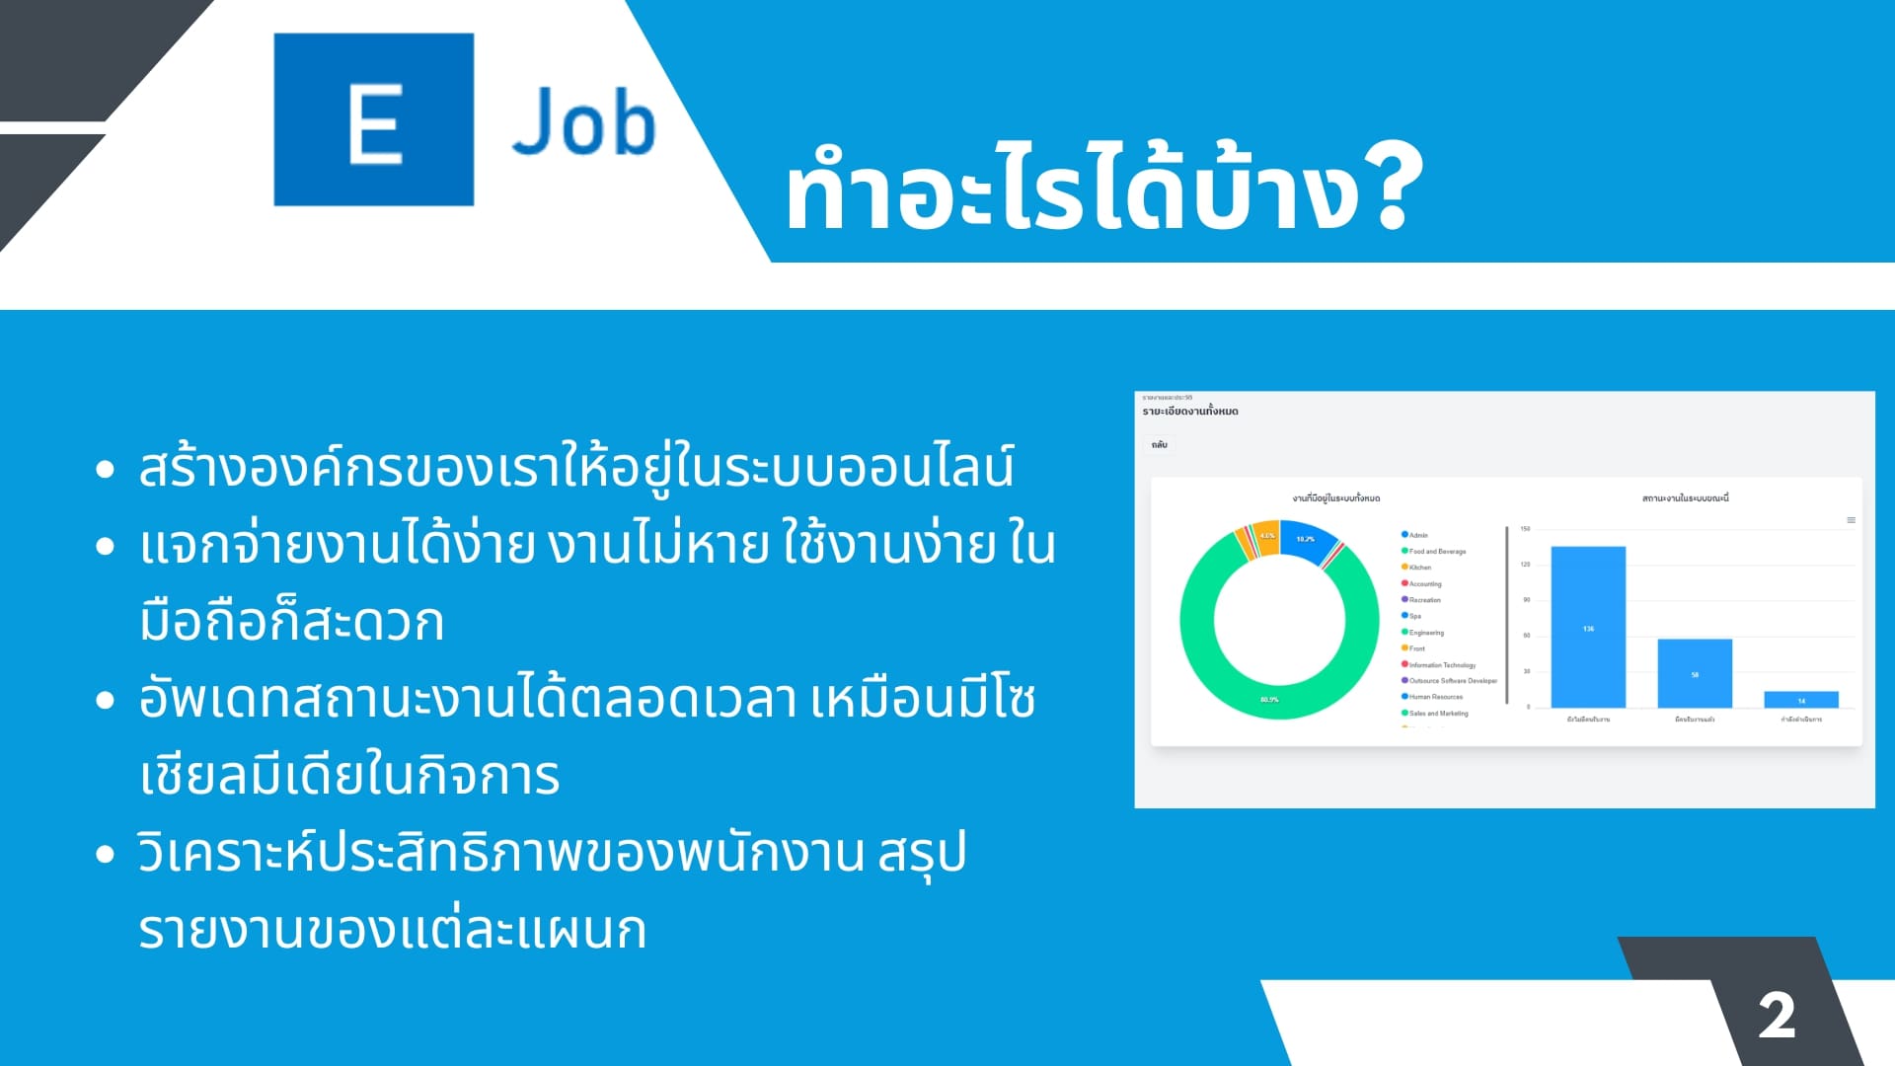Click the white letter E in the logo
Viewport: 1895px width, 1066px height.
pyautogui.click(x=375, y=122)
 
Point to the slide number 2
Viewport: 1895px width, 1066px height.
pyautogui.click(x=1777, y=1016)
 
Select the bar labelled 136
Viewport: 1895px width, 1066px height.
pyautogui.click(x=1588, y=628)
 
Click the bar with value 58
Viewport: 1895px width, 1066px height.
pyautogui.click(x=1695, y=674)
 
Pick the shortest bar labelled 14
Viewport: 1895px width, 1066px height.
pyautogui.click(x=1801, y=700)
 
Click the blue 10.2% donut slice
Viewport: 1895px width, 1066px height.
pyautogui.click(x=1306, y=540)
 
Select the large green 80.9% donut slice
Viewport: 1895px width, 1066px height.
pyautogui.click(x=1270, y=699)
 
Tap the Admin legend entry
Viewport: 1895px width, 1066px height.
pyautogui.click(x=1417, y=535)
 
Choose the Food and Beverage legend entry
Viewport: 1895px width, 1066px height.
pyautogui.click(x=1436, y=552)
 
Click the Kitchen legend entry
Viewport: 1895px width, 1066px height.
pyautogui.click(x=1419, y=568)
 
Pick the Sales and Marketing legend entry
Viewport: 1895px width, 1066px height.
pyautogui.click(x=1437, y=713)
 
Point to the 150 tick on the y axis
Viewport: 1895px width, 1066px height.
pyautogui.click(x=1525, y=529)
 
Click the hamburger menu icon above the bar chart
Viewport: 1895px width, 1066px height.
pyautogui.click(x=1851, y=520)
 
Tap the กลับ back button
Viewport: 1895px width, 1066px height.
pyautogui.click(x=1160, y=445)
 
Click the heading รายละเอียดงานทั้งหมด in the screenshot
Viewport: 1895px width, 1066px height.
pyautogui.click(x=1190, y=412)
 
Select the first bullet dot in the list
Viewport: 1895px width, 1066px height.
pyautogui.click(x=106, y=469)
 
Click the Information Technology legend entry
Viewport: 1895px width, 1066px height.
pyautogui.click(x=1441, y=665)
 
